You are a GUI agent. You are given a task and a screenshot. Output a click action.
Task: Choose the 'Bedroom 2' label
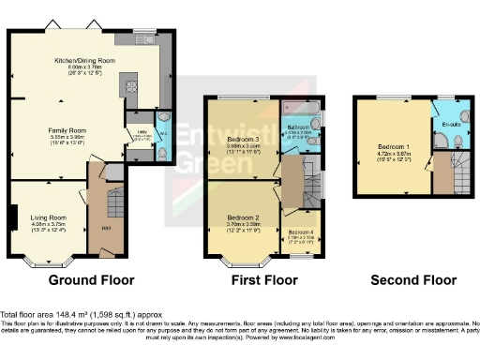click(x=241, y=217)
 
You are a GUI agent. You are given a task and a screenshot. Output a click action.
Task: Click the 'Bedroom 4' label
click(x=301, y=231)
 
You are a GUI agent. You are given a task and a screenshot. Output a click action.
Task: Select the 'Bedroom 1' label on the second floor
click(x=392, y=148)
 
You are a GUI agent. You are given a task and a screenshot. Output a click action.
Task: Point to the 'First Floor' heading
click(x=264, y=279)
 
